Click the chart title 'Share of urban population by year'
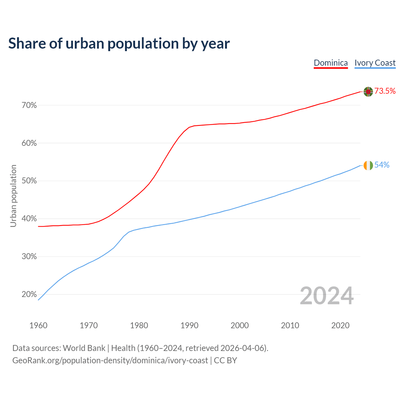(x=119, y=44)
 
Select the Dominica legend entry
(x=330, y=63)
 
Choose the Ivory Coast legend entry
(x=375, y=63)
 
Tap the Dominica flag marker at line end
(x=368, y=91)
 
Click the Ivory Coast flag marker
(x=368, y=165)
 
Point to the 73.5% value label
(x=385, y=91)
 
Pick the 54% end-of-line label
(x=382, y=165)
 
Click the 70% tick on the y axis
(x=29, y=105)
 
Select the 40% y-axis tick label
(x=29, y=219)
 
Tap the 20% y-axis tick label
(x=29, y=294)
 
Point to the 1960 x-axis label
(x=38, y=325)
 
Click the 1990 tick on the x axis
(x=189, y=325)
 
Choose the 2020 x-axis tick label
(x=340, y=325)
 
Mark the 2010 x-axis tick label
(x=290, y=325)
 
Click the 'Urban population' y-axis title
(x=13, y=196)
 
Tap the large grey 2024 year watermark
(x=326, y=296)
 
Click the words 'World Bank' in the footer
(x=84, y=348)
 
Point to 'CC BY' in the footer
(x=225, y=360)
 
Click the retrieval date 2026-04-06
(x=243, y=348)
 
